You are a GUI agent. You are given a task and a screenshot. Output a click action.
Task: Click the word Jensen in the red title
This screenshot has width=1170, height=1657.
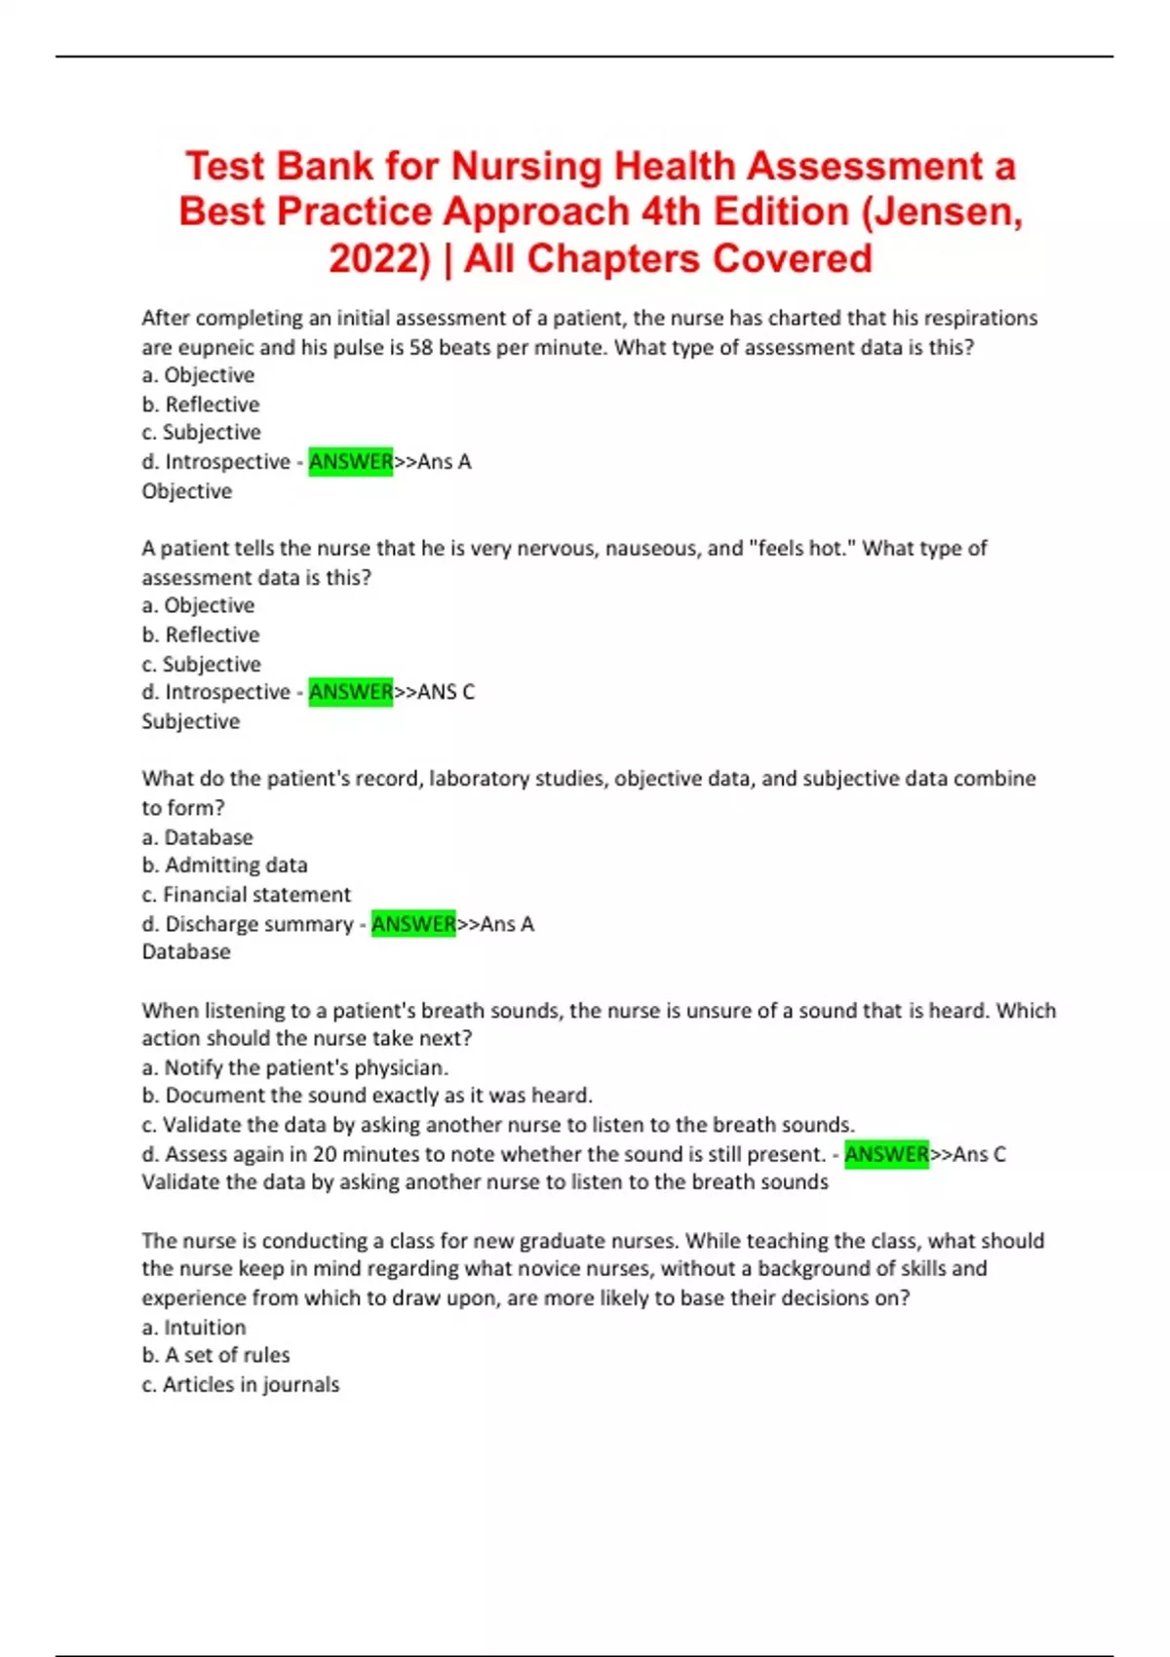(x=948, y=212)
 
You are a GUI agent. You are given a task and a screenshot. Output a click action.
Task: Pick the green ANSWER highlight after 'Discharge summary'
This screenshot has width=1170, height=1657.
(x=413, y=923)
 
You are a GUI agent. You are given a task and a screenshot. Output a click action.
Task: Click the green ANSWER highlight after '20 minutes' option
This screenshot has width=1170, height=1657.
(x=886, y=1154)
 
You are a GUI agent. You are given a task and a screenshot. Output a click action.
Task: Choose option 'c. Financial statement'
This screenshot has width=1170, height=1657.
(x=246, y=894)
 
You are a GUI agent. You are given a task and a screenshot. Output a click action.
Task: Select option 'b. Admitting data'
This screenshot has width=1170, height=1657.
(x=224, y=865)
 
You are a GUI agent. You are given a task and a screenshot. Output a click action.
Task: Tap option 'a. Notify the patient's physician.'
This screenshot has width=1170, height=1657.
(x=294, y=1067)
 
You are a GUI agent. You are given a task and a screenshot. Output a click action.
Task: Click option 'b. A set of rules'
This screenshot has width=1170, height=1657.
(x=215, y=1355)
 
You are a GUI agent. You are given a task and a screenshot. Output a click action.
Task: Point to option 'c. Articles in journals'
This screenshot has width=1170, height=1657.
(x=240, y=1384)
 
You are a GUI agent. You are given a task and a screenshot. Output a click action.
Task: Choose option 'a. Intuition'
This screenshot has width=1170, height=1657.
(x=193, y=1327)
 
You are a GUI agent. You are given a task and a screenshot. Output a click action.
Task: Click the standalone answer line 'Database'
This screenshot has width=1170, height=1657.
(x=186, y=951)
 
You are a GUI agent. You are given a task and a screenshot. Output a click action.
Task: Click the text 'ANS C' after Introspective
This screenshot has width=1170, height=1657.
(x=446, y=692)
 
